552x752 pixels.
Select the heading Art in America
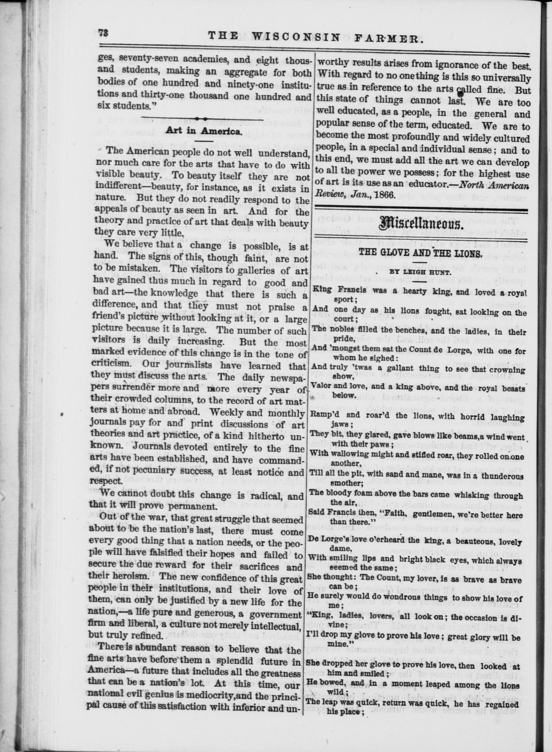[x=203, y=131]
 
